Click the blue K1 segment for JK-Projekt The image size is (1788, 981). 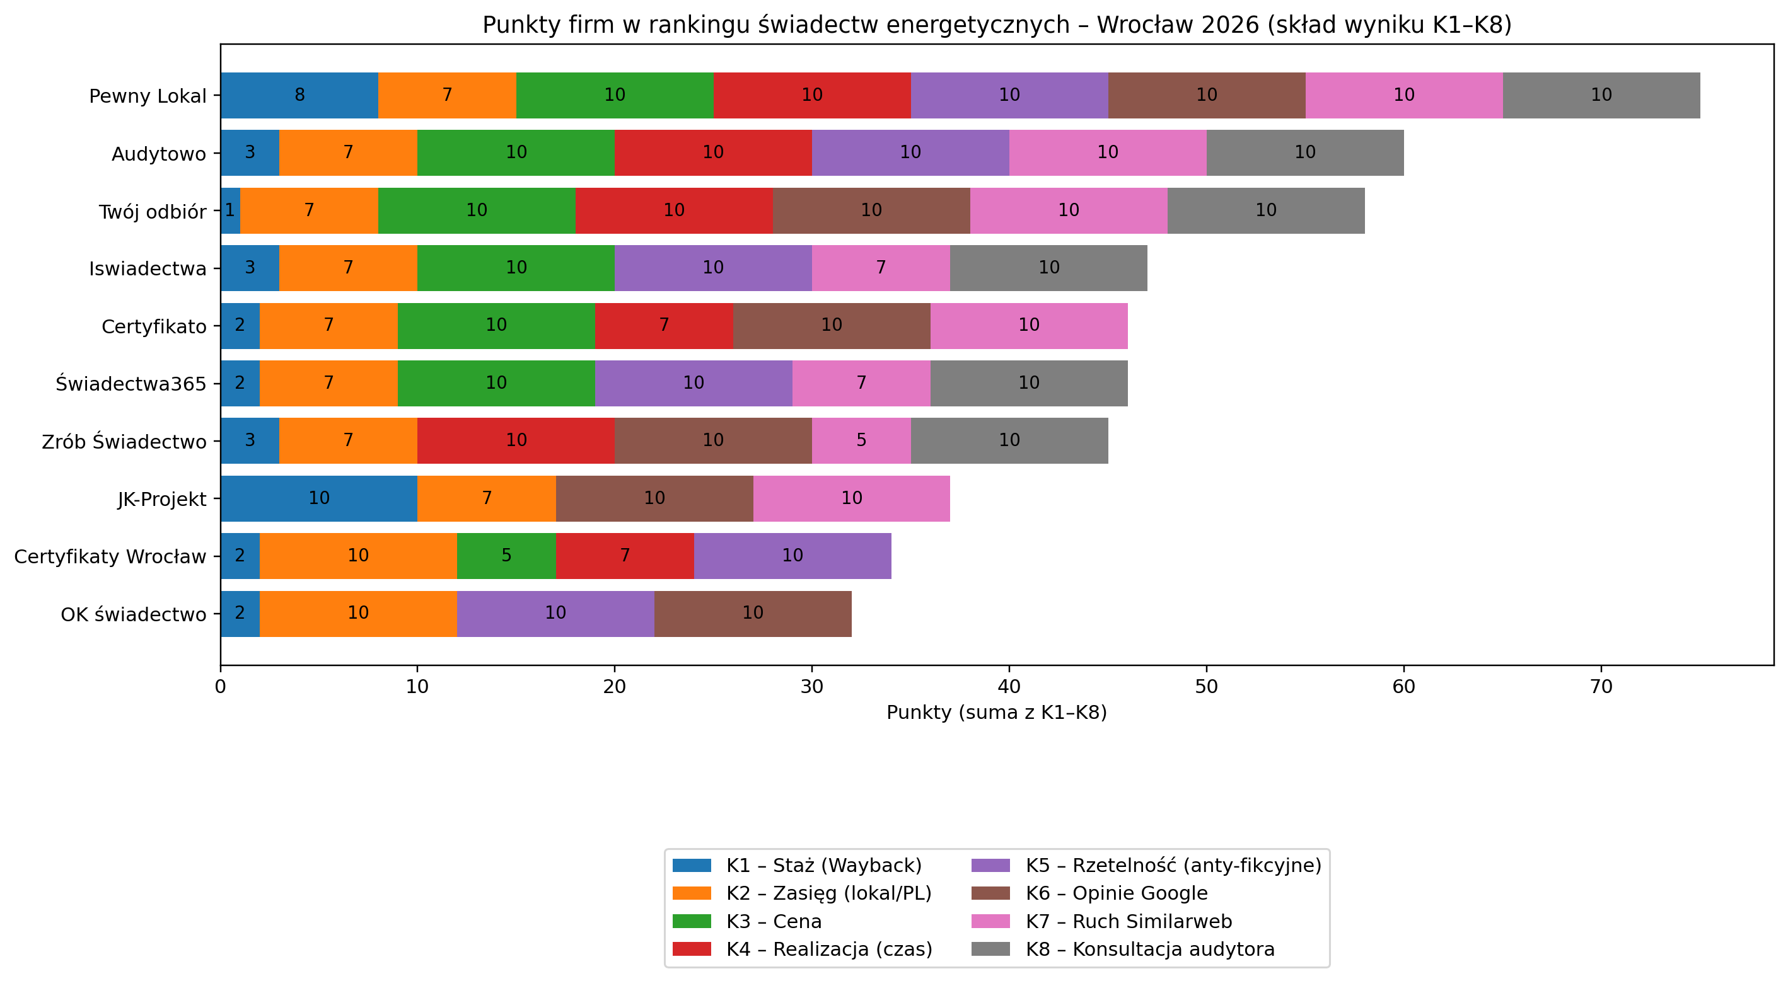pos(318,498)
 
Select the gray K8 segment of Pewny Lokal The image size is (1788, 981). pos(1601,95)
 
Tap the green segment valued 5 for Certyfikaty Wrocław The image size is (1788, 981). pos(506,556)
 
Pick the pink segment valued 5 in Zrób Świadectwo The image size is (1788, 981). pos(861,440)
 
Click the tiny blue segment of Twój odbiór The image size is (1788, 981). pos(229,210)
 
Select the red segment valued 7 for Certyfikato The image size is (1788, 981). pos(663,325)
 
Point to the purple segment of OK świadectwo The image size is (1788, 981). pos(555,613)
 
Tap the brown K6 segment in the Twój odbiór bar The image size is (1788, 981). pos(871,210)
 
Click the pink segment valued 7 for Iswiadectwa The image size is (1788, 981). pos(880,268)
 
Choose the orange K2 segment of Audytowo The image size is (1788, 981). pos(348,152)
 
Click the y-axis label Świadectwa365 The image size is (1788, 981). pos(131,384)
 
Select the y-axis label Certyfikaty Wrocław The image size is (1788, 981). pos(110,556)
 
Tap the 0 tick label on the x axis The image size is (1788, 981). pos(220,687)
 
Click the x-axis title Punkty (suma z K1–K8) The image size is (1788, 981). pos(996,713)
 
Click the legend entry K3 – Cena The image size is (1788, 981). pos(773,921)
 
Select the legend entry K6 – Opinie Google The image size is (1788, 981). pos(1116,893)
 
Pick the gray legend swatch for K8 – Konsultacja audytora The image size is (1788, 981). pos(990,949)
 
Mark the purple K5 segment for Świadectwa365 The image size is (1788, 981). pos(694,383)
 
